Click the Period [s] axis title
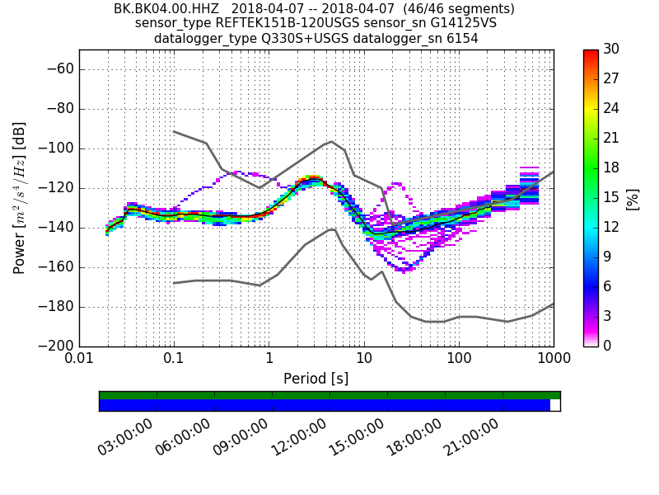pos(315,379)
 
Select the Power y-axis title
pos(20,198)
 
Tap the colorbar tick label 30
pos(612,49)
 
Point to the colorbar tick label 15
pos(612,197)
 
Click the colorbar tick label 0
pos(608,346)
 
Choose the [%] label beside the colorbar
pos(633,198)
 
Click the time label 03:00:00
pos(124,438)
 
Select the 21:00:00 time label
pos(471,438)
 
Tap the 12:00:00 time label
pos(297,438)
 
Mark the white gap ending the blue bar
pos(554,405)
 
